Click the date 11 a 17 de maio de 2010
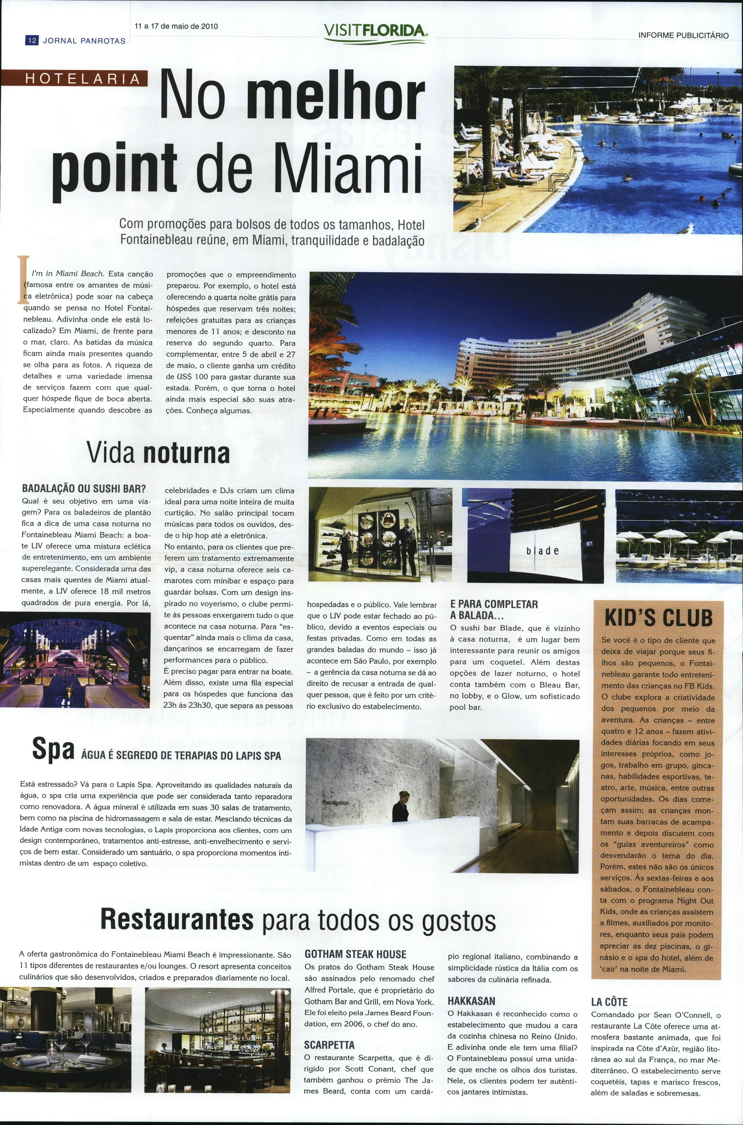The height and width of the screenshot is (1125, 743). coord(176,27)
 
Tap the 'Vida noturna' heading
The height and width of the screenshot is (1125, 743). coord(158,453)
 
